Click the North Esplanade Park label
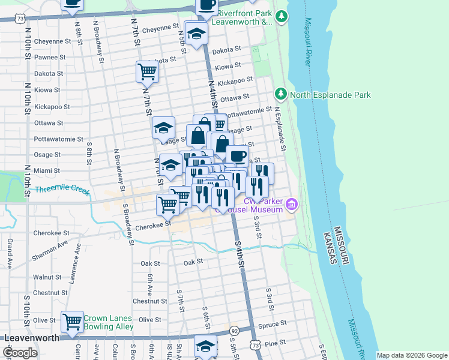click(330, 95)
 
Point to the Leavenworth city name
click(32, 338)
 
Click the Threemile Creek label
click(62, 191)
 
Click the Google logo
click(20, 353)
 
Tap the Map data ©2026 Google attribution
click(411, 355)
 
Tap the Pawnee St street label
click(49, 57)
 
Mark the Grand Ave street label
click(10, 251)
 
